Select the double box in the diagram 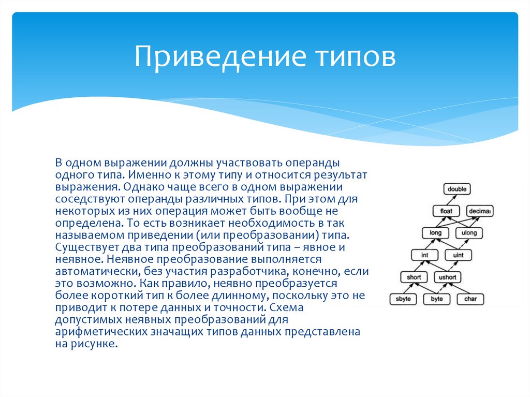click(457, 189)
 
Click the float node click(446, 211)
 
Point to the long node click(435, 233)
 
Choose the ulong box click(468, 233)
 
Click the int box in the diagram click(424, 255)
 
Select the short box click(414, 277)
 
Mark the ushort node click(447, 277)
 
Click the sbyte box click(403, 299)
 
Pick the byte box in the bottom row click(436, 299)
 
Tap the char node click(470, 299)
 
